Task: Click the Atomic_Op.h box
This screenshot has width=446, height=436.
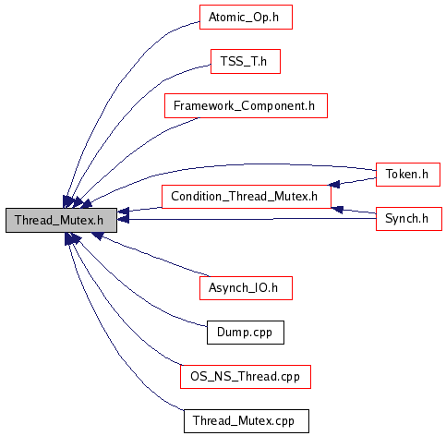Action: pos(246,17)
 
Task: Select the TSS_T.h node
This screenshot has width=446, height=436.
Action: pos(246,61)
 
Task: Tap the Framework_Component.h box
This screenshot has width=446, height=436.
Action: pos(246,105)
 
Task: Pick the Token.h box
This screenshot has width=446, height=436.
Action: pos(408,175)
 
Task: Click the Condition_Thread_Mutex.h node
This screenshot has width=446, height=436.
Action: pos(247,197)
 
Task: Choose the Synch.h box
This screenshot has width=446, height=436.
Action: pos(409,219)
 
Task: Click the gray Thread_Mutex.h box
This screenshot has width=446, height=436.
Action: pos(61,220)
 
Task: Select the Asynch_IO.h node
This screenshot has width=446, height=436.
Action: pos(246,288)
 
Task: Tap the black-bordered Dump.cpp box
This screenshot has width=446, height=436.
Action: pos(246,333)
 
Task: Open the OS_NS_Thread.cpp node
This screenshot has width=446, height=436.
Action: pos(246,377)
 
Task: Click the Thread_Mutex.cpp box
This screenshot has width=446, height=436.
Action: pos(247,421)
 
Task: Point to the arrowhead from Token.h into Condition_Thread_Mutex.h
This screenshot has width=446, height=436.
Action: pos(334,184)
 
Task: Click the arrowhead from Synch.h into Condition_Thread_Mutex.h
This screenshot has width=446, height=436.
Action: pos(337,210)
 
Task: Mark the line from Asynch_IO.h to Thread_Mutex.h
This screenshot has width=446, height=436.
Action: pos(154,256)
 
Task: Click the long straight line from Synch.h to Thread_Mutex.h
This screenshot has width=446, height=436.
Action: pos(247,219)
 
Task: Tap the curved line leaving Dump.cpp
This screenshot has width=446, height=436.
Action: pos(129,293)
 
